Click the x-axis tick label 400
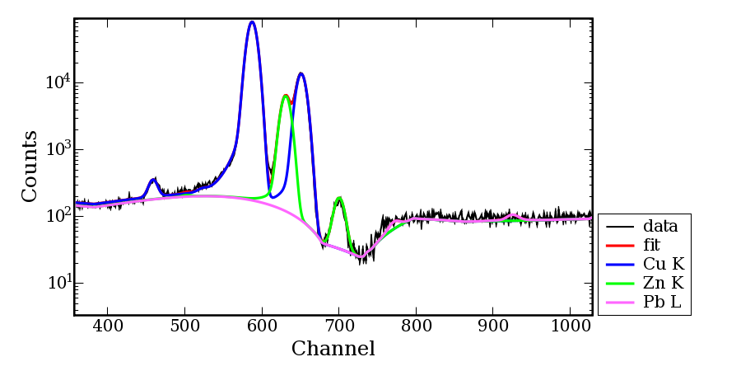coord(107,326)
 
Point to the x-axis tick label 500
coord(184,326)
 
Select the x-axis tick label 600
coord(262,326)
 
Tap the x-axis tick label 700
coord(339,326)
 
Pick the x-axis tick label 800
coord(416,326)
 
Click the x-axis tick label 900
coord(493,326)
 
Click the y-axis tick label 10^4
coord(57,82)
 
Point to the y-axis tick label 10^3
coord(57,149)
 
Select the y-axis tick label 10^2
coord(57,216)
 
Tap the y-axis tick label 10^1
coord(57,283)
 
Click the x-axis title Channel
coord(333,349)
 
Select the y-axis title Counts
coord(30,166)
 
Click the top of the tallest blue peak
coord(252,22)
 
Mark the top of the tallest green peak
coord(285,96)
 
